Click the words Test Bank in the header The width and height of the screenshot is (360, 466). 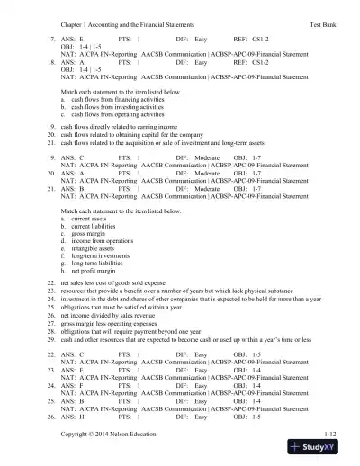pos(321,19)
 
